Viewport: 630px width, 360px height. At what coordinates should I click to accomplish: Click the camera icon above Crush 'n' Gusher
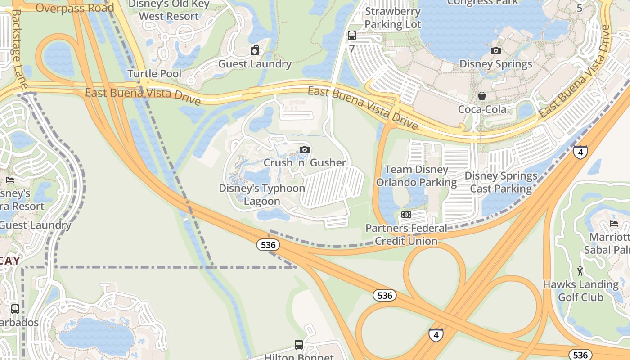[x=305, y=150]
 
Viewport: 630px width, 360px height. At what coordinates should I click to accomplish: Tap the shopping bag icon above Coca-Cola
[x=482, y=96]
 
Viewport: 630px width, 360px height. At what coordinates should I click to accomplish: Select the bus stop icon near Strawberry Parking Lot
[x=352, y=35]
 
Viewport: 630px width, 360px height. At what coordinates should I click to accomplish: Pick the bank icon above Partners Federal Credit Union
[x=406, y=215]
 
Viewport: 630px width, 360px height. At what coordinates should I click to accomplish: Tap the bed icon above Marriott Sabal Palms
[x=613, y=224]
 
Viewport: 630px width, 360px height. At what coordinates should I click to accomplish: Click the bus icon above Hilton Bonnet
[x=299, y=345]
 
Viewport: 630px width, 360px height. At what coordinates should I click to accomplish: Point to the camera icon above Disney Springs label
[x=495, y=50]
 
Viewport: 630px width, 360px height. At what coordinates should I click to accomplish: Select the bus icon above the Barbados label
[x=15, y=309]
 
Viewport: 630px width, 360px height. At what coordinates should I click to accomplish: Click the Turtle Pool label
[x=154, y=74]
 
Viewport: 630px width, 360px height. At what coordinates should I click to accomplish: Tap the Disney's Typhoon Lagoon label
[x=262, y=194]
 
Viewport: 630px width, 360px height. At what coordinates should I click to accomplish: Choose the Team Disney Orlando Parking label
[x=417, y=176]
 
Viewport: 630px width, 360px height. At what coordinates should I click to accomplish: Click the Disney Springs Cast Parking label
[x=501, y=182]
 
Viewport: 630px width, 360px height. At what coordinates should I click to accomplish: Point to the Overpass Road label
[x=75, y=8]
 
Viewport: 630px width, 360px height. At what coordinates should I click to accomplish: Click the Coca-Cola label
[x=482, y=109]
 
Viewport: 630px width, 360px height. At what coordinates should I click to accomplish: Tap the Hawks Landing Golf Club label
[x=580, y=291]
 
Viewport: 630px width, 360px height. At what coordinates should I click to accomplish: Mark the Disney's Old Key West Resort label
[x=169, y=10]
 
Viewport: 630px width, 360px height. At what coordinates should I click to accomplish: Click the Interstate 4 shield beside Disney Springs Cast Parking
[x=580, y=152]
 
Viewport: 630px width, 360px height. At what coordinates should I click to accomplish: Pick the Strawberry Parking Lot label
[x=393, y=18]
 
